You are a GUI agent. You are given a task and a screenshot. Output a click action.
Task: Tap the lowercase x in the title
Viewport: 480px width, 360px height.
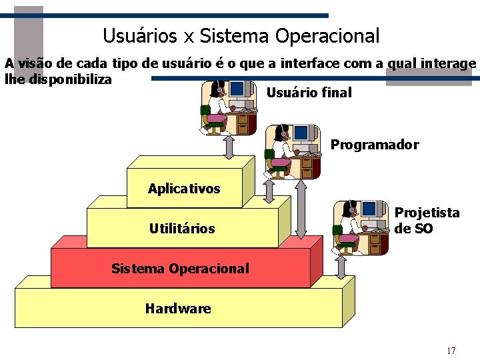189,37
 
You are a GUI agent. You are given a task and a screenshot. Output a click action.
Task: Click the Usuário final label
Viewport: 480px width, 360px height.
309,93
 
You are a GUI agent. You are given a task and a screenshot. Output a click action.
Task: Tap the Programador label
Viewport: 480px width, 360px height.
375,145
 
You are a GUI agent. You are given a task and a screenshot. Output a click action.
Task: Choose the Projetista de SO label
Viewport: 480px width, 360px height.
427,221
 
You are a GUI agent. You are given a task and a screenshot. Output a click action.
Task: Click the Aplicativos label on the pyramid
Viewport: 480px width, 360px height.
184,189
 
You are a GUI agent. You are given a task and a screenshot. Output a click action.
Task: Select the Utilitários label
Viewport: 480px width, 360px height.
182,229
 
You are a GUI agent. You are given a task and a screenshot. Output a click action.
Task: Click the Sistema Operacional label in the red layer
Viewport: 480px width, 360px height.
180,269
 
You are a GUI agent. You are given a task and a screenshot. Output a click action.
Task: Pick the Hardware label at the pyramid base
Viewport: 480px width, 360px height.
178,308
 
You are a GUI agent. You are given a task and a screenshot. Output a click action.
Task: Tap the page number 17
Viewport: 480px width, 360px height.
451,351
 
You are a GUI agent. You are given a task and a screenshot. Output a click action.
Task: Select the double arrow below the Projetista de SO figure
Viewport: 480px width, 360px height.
341,267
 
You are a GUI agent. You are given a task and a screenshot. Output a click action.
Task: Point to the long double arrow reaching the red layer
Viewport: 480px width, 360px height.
301,209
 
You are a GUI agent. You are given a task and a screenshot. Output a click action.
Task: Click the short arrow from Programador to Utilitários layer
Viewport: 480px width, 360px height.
269,191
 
